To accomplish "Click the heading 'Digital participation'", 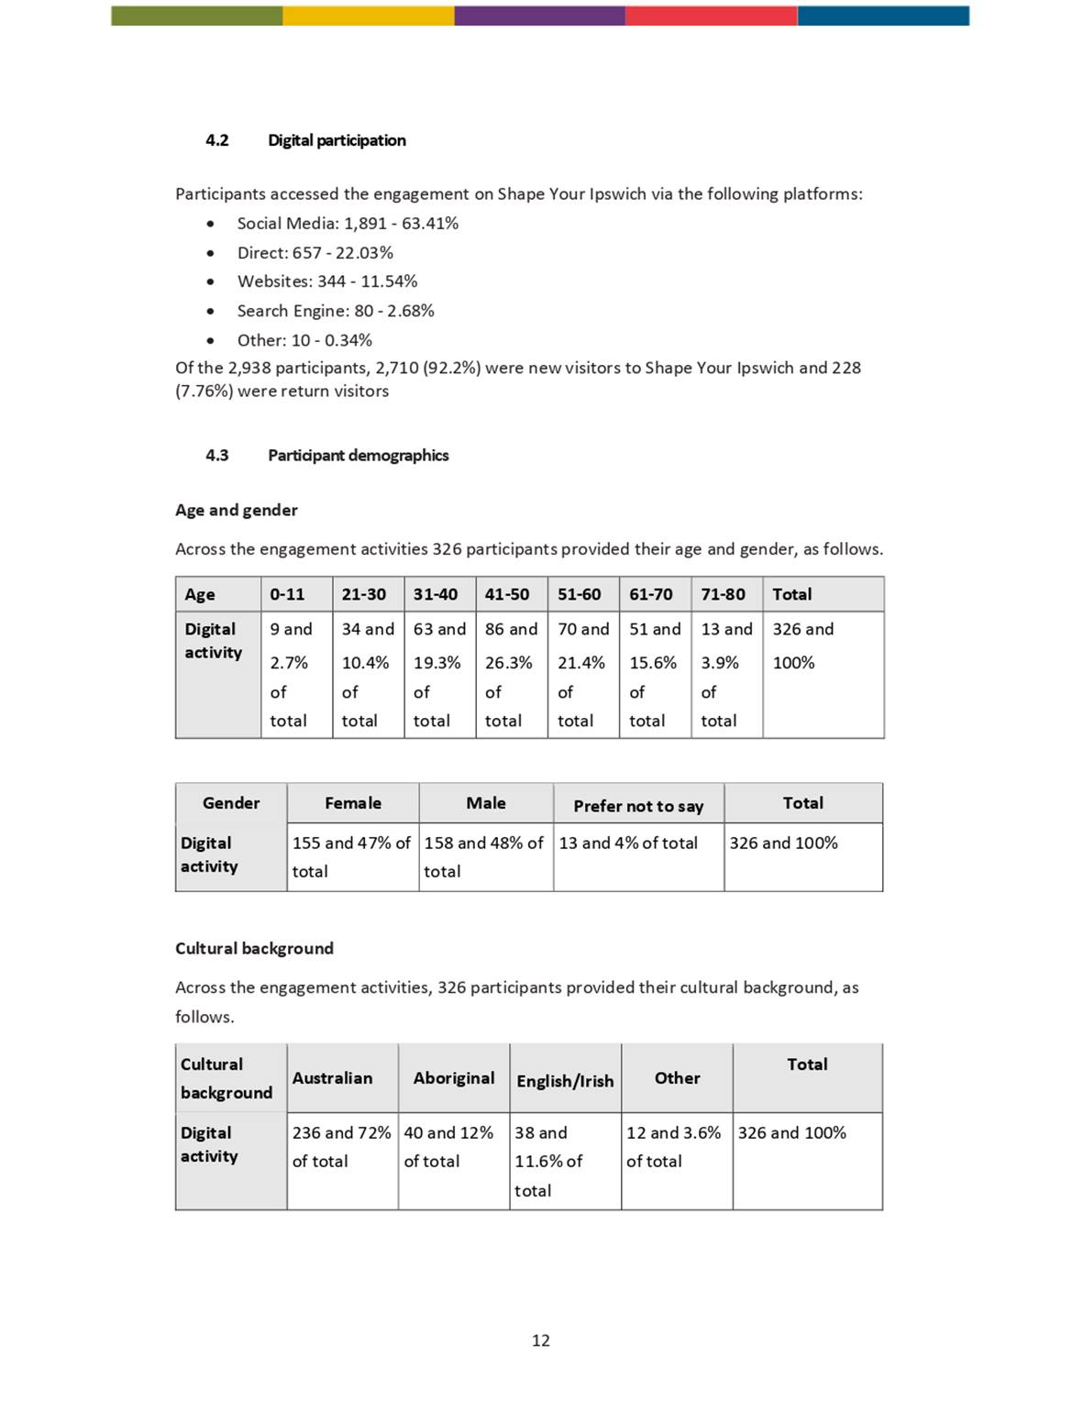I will [337, 140].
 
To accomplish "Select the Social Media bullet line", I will [348, 224].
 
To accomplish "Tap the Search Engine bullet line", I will [336, 311].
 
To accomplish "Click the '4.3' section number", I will [217, 456].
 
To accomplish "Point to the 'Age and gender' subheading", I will [237, 511].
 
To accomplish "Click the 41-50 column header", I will [507, 594].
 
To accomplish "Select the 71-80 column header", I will [724, 594].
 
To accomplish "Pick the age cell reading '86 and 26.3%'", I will [511, 674].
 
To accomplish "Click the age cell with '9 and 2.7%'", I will [292, 674].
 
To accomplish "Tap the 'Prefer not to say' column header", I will [638, 806].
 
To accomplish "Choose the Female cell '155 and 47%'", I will [351, 856].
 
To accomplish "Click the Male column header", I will [486, 803].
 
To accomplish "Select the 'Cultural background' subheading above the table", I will [254, 949].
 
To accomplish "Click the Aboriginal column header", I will [454, 1078].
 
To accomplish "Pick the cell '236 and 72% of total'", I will [341, 1147].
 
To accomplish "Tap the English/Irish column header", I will [565, 1081].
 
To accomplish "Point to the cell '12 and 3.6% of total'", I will [674, 1147].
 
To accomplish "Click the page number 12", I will [541, 1340].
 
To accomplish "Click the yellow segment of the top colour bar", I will [368, 16].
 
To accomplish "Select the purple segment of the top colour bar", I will [539, 16].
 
